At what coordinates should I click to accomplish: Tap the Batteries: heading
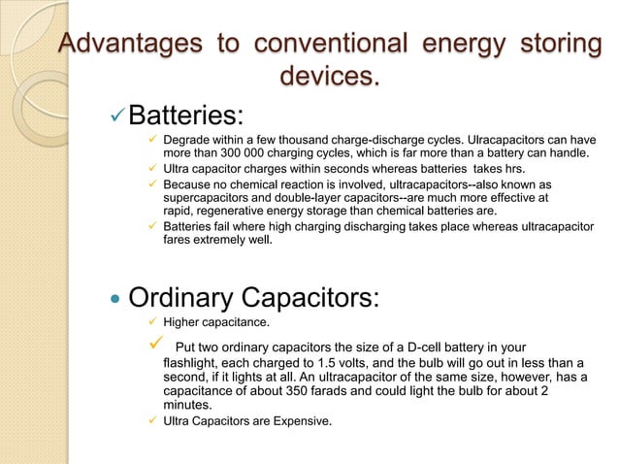[184, 116]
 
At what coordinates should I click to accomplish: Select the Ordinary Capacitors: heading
[253, 297]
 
